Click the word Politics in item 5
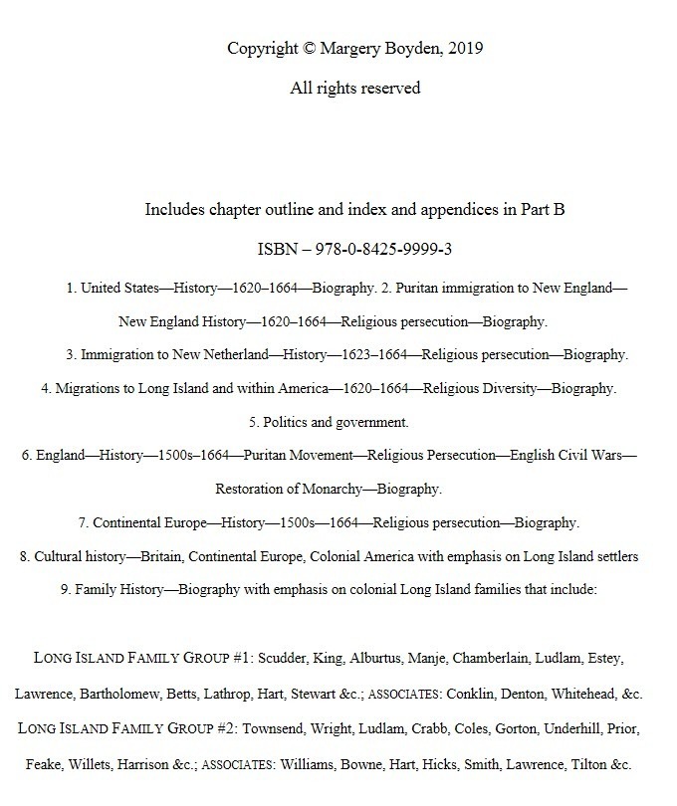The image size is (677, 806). point(289,422)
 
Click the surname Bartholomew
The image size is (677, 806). point(130,694)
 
